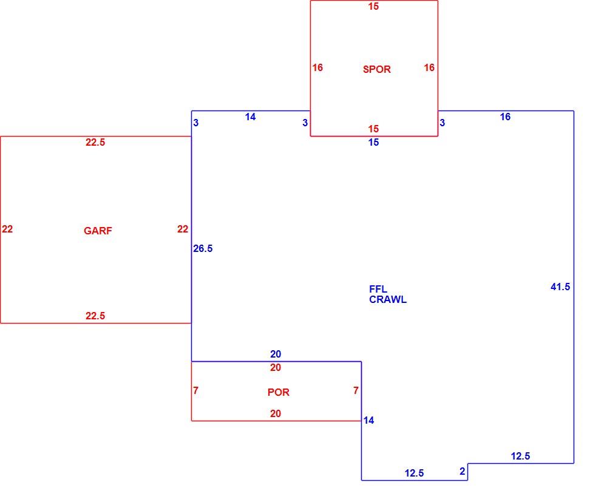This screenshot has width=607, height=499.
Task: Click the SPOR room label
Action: point(377,69)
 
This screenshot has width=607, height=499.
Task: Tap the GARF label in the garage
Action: point(98,231)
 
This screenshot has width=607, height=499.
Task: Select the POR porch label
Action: point(279,392)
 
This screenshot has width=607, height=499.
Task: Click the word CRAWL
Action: point(388,300)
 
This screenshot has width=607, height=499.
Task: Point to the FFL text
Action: point(378,289)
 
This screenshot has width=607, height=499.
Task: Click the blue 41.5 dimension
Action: point(560,287)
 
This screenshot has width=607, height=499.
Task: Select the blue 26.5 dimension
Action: point(203,248)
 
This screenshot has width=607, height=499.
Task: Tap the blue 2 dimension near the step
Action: point(462,471)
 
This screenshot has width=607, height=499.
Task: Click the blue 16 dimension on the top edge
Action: point(505,117)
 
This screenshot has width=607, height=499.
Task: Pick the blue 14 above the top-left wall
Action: point(251,117)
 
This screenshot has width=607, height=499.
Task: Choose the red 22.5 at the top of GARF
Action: point(95,143)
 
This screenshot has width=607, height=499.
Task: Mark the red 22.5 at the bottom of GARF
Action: point(95,316)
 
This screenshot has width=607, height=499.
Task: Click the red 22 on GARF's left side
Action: point(7,229)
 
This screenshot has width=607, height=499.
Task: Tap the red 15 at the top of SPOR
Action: point(373,7)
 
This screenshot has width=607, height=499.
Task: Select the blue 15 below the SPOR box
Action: point(373,143)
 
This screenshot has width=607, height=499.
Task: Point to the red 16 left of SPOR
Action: point(317,68)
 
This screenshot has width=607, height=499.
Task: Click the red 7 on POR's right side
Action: point(356,390)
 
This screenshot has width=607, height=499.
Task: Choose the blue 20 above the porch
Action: point(276,354)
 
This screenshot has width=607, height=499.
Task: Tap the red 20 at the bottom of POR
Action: point(276,414)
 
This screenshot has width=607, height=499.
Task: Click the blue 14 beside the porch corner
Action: point(368,421)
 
